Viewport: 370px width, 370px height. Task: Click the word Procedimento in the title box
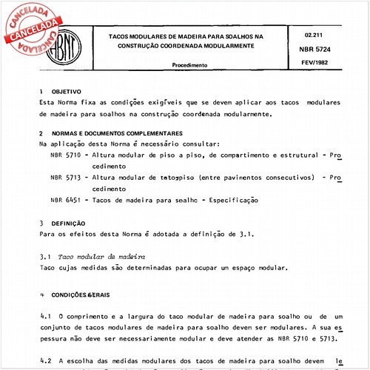point(189,65)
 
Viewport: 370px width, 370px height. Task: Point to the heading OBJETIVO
point(67,91)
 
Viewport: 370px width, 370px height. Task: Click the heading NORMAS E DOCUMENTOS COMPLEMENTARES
point(107,133)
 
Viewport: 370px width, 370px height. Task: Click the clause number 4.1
point(44,316)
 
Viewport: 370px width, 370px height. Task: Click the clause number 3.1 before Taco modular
point(44,255)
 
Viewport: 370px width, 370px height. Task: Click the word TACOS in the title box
point(123,35)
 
